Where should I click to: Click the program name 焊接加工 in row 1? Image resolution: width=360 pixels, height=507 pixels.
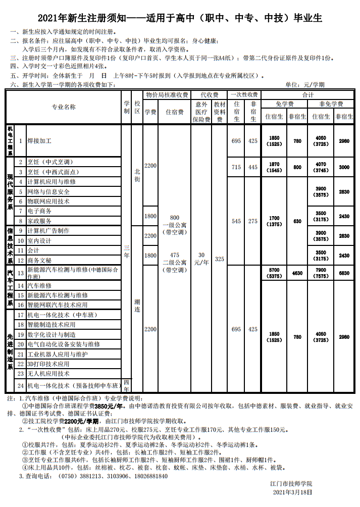[x=39, y=141]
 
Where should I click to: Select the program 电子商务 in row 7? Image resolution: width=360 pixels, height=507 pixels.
[x=39, y=211]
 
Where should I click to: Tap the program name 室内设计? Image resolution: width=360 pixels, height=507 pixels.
[x=39, y=240]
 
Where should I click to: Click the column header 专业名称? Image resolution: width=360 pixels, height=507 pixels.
[x=64, y=107]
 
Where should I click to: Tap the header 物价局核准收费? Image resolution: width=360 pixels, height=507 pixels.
[x=167, y=95]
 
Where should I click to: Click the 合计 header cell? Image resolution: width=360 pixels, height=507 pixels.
[x=308, y=95]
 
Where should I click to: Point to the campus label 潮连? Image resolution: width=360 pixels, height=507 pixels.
[x=137, y=306]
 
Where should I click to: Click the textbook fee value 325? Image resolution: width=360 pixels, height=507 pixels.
[x=219, y=259]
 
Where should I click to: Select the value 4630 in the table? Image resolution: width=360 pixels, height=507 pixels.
[x=297, y=273]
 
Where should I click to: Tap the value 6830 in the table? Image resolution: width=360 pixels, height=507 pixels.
[x=344, y=273]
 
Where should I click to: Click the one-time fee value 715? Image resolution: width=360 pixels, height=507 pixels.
[x=236, y=167]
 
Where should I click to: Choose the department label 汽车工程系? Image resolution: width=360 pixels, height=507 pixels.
[x=10, y=288]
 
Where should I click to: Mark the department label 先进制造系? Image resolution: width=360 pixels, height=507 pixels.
[x=10, y=351]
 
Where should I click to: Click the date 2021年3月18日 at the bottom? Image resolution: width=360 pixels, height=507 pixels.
[x=292, y=491]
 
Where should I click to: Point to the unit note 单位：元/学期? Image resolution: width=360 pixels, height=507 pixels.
[x=305, y=85]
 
